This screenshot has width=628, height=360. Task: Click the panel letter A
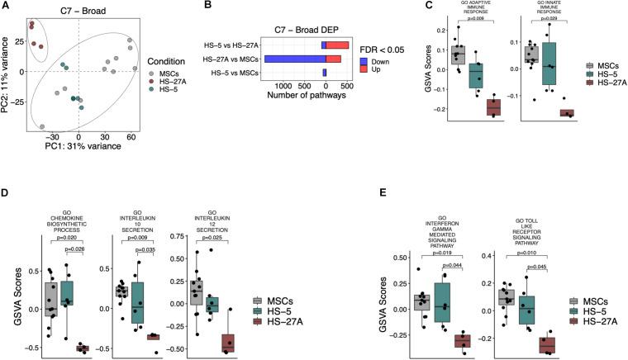[7, 7]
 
